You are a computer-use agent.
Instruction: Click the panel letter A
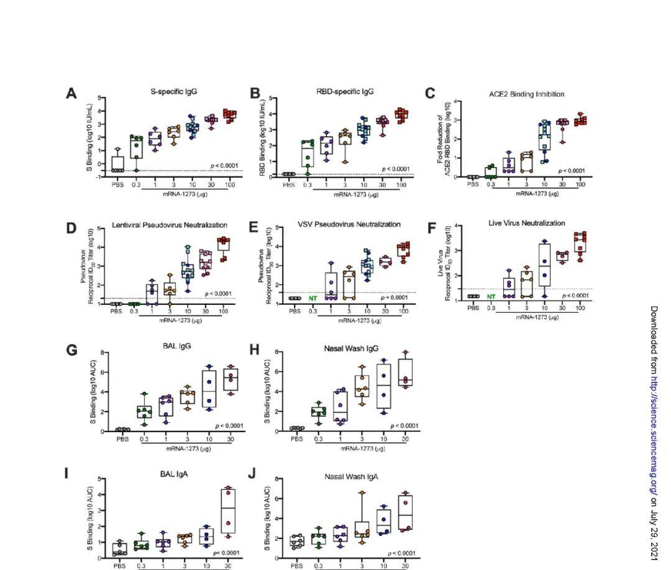click(x=72, y=93)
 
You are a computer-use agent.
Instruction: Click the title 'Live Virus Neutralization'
click(x=526, y=223)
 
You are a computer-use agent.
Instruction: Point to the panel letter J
click(x=252, y=473)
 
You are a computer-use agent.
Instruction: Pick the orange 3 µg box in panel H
click(x=361, y=386)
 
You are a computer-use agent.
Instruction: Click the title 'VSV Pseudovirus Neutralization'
click(x=352, y=224)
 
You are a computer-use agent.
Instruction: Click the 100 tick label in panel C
click(x=580, y=184)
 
